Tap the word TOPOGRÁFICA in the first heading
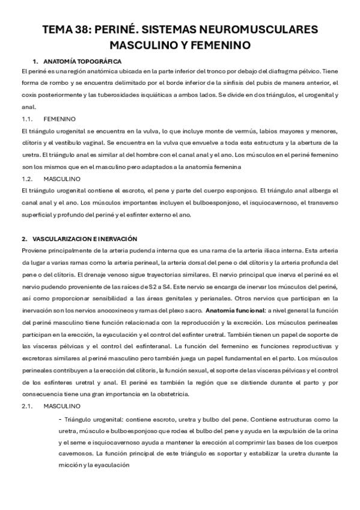coord(99,61)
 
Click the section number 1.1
coord(27,119)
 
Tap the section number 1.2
coord(27,179)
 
